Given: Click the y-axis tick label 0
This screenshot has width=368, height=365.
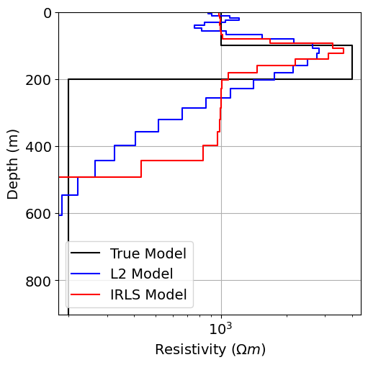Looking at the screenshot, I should click(47, 13).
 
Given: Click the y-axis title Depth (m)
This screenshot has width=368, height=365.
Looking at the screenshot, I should click(13, 163).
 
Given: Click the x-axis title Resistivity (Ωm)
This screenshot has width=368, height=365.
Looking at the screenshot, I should click(210, 350).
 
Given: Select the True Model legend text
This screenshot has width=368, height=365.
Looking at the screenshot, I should click(148, 253).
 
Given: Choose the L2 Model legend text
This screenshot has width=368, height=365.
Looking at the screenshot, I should click(141, 274).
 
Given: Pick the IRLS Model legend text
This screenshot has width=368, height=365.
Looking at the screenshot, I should click(148, 294).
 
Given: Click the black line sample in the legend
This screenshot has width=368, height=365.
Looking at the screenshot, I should click(86, 253).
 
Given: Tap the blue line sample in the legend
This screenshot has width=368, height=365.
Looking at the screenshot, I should click(86, 274).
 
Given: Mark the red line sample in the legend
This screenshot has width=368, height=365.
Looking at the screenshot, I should click(86, 294).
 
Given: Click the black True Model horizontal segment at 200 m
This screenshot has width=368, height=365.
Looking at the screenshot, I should click(209, 79).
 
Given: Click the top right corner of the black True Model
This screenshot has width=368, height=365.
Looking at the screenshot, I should click(352, 45).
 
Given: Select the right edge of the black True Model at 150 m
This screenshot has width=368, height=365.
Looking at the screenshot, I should click(352, 63).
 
